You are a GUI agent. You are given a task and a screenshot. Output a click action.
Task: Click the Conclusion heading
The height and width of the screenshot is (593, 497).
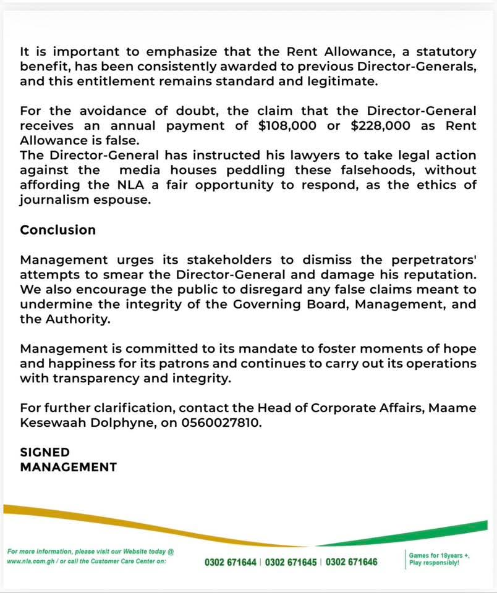(58, 230)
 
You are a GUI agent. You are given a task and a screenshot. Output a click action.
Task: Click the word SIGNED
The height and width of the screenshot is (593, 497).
(45, 452)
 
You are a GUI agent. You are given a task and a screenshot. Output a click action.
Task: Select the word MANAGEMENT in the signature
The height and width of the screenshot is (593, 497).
(69, 467)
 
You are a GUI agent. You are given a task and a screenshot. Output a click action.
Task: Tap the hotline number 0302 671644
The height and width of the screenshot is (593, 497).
(232, 562)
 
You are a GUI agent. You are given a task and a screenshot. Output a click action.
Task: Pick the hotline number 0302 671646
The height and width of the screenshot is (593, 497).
(351, 562)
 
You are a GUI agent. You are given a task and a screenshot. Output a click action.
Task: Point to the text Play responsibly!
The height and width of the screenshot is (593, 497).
(434, 563)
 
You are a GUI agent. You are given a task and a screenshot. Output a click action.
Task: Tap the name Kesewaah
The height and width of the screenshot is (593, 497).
(51, 424)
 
